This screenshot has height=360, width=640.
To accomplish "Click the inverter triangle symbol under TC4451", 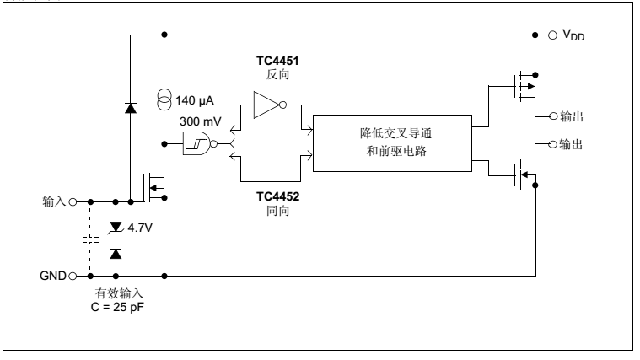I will pyautogui.click(x=267, y=106).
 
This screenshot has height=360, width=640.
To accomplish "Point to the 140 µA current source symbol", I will pyautogui.click(x=164, y=101).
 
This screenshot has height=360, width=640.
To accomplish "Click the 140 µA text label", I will pyautogui.click(x=195, y=100).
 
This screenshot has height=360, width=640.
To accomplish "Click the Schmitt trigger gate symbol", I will pyautogui.click(x=197, y=144).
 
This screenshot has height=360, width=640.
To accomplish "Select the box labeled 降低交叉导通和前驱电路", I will pyautogui.click(x=392, y=142).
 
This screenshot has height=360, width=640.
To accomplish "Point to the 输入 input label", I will pyautogui.click(x=54, y=202).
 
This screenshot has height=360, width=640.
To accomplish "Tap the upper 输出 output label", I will pyautogui.click(x=573, y=116).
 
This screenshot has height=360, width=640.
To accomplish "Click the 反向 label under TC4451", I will pyautogui.click(x=272, y=74).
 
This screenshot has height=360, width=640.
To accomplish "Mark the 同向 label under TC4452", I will pyautogui.click(x=272, y=210).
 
